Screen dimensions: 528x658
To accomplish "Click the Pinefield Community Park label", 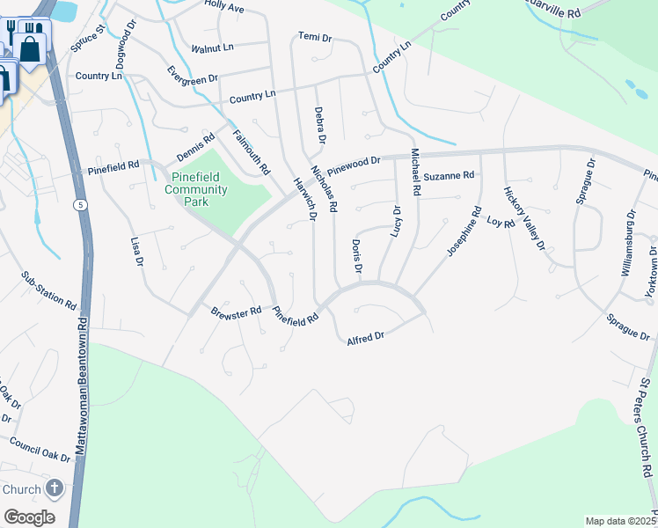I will pos(196,188).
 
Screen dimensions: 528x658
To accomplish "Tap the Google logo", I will pos(29,517).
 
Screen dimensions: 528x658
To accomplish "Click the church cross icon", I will pos(55,488).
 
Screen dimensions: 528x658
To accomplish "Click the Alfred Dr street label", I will pos(366,337).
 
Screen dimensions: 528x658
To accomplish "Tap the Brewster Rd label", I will pos(236,312).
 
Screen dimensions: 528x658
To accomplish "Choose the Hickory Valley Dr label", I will pos(524,217).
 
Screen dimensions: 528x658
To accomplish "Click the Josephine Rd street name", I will pos(464,231).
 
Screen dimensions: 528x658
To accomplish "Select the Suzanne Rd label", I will pos(449,176).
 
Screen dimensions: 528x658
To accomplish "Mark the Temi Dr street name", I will pos(314,38).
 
